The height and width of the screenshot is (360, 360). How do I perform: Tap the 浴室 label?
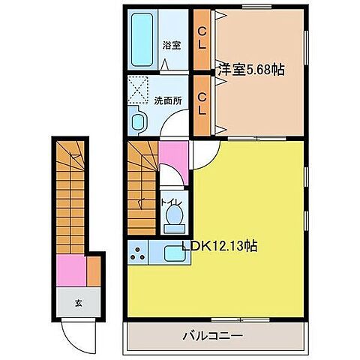172,45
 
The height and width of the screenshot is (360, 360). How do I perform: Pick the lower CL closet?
202,103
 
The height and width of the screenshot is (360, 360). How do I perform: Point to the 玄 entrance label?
77,302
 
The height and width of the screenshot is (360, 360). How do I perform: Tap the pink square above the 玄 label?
72,268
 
